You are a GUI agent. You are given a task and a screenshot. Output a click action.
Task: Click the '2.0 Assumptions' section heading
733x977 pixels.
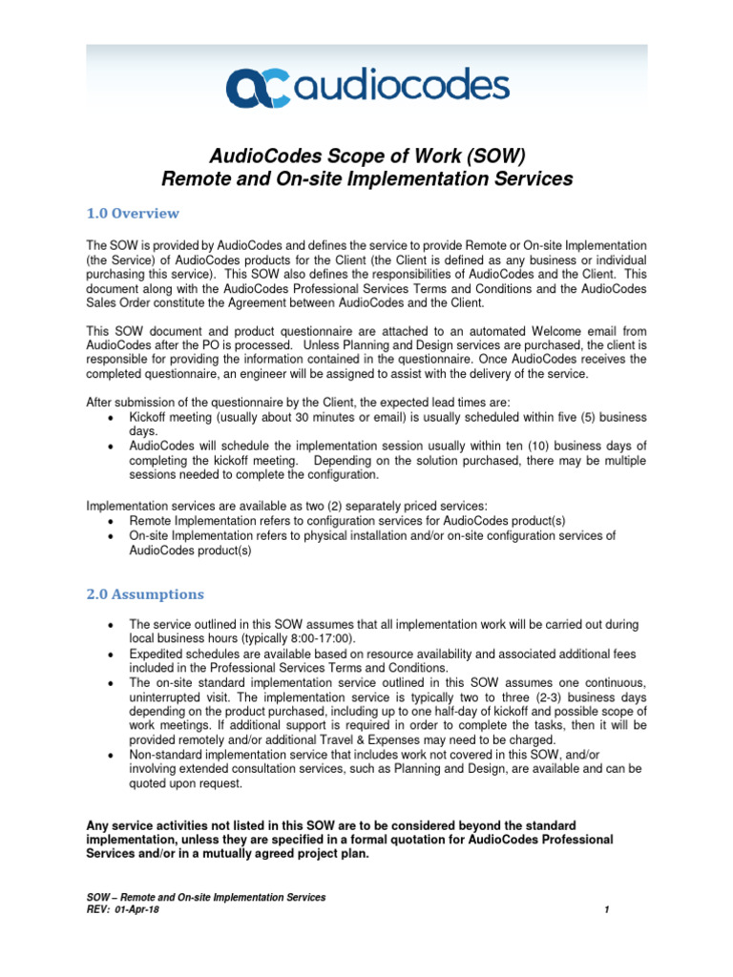[x=145, y=593]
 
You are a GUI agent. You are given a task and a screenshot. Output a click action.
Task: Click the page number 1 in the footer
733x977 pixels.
[x=607, y=910]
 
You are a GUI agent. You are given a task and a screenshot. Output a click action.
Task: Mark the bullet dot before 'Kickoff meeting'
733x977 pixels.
[x=114, y=419]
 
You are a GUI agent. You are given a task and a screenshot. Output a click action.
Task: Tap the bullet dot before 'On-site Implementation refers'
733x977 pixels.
[x=114, y=537]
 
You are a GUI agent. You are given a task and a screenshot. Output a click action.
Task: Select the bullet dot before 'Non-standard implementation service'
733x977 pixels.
[x=114, y=755]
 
